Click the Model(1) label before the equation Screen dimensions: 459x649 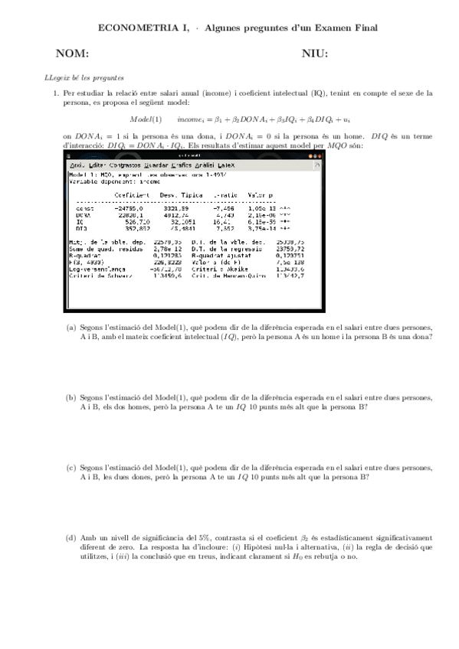(145, 119)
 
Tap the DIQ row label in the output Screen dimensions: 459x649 (80, 228)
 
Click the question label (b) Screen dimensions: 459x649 (70, 397)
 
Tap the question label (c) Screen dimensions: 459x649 (70, 467)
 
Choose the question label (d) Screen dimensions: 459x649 (70, 538)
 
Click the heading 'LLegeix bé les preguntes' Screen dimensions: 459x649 (84, 77)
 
